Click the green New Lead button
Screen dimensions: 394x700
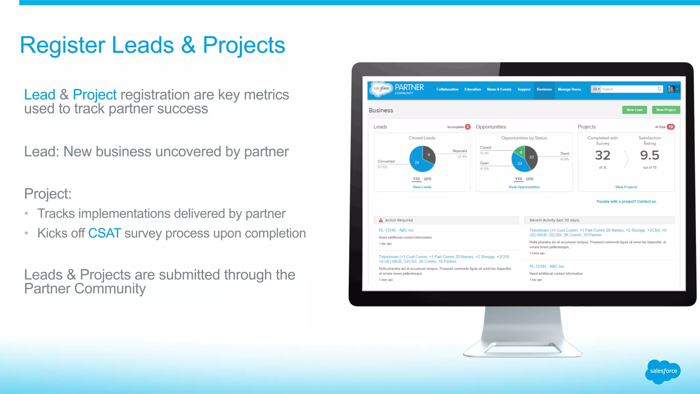(x=634, y=110)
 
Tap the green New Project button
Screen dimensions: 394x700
(x=666, y=110)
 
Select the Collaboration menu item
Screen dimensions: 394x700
(x=447, y=90)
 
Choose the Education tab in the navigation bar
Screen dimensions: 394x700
(x=472, y=90)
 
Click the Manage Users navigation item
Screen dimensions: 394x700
(x=569, y=90)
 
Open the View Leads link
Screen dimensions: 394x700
(x=422, y=187)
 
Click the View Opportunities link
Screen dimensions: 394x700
(x=524, y=187)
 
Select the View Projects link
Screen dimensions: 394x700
(x=626, y=187)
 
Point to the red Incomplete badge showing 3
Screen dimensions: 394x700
(x=468, y=127)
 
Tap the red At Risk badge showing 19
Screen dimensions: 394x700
(x=671, y=127)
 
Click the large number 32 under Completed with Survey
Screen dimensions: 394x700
(x=602, y=156)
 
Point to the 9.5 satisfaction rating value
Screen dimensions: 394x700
(x=649, y=156)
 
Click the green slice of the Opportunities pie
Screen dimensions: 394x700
(x=520, y=151)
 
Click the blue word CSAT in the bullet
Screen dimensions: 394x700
(x=105, y=233)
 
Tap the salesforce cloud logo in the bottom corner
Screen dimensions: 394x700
(x=663, y=371)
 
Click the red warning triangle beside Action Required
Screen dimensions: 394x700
(x=381, y=220)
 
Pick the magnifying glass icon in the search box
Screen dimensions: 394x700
(x=659, y=89)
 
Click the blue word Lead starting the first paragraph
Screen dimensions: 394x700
(x=40, y=95)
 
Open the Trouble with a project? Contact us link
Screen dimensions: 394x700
(x=626, y=202)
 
